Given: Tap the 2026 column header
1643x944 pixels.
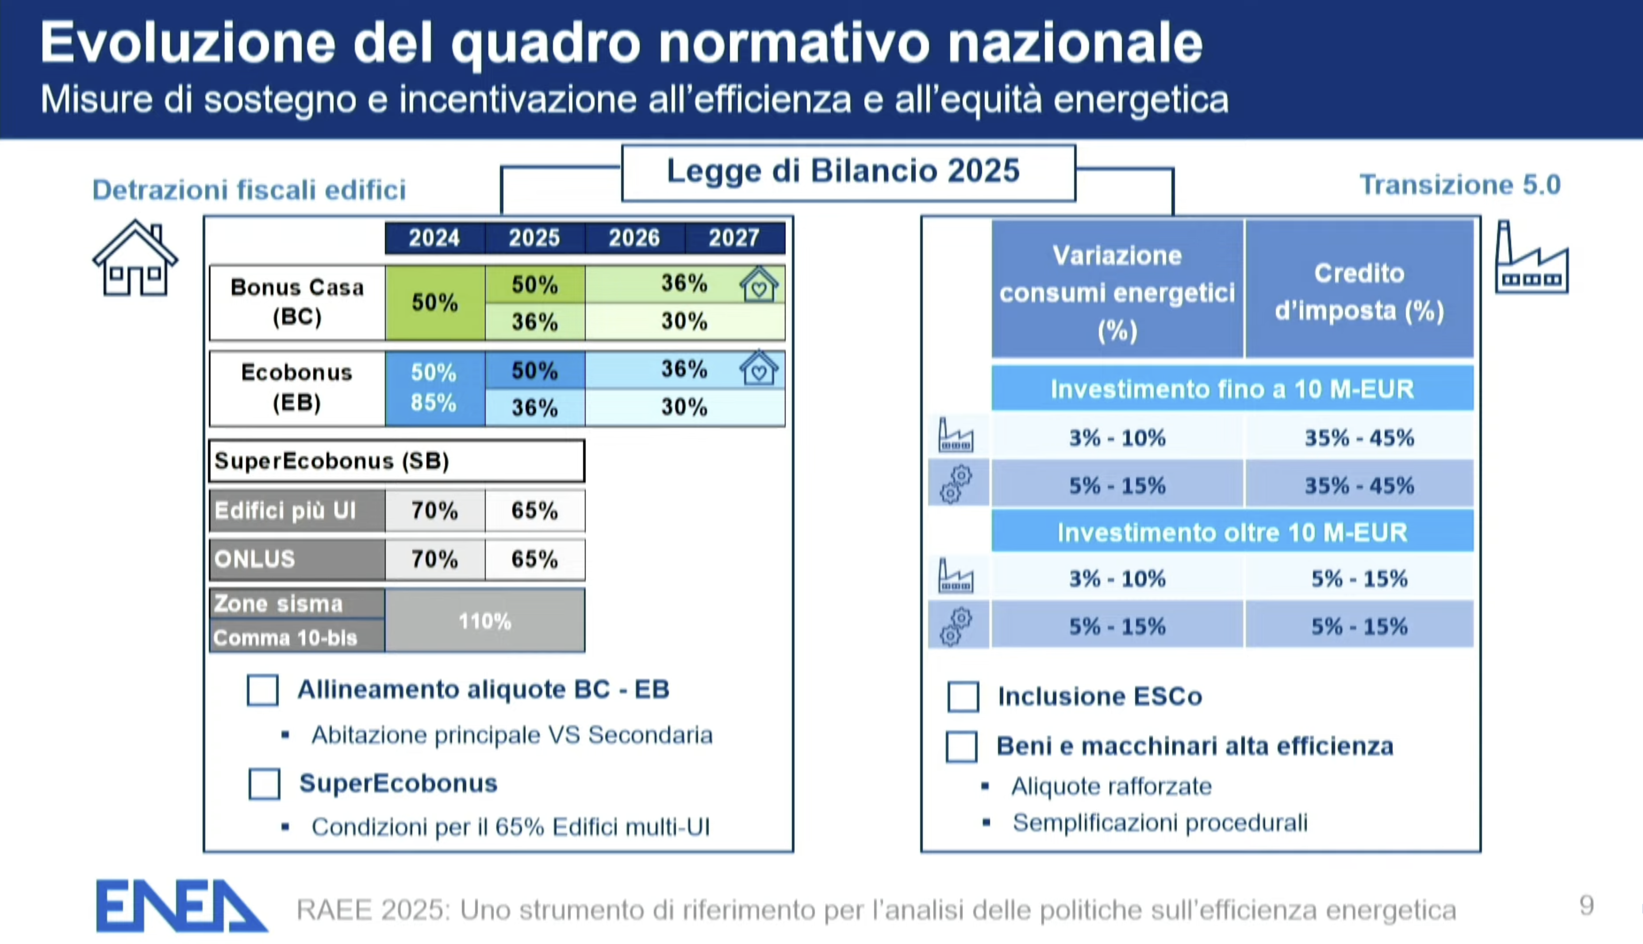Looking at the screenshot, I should coord(634,238).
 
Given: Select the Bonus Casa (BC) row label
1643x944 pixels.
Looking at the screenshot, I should coord(297,302).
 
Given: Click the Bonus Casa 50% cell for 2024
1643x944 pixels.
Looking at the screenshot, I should coord(434,303).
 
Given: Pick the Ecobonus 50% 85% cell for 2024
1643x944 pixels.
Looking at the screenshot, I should coord(434,388).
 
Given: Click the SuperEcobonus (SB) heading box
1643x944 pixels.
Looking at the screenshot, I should coord(396,461).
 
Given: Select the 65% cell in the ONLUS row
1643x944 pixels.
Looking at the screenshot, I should coord(534,559).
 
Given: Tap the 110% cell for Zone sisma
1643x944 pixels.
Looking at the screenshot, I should coord(484,621).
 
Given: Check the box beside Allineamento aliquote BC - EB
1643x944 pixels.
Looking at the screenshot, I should coord(263,690).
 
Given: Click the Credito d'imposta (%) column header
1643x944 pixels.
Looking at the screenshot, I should coord(1359,291).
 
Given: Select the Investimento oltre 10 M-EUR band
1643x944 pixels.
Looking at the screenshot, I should coord(1232,532).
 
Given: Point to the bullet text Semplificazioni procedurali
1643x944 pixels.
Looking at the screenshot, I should coord(1159,823).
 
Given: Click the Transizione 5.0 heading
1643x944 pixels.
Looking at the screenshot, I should coord(1459,185).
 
